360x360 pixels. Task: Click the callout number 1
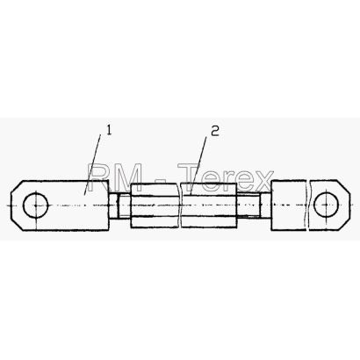109,130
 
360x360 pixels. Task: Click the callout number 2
215,131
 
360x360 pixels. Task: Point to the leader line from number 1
92,164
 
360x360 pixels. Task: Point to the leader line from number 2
198,166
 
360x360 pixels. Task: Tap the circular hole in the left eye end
36,205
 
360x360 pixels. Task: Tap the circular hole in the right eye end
326,205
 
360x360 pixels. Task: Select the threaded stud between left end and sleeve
119,206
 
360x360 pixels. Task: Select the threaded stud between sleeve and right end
254,205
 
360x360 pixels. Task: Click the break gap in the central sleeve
180,205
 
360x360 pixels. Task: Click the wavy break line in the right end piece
309,205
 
